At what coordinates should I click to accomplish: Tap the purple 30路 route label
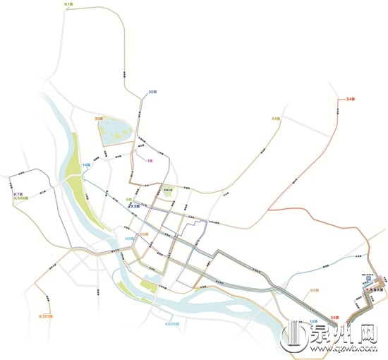152,92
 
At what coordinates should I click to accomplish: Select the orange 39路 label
99,119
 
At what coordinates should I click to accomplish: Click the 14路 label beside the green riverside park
86,164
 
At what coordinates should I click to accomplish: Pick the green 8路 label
129,200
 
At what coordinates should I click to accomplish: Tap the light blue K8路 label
130,239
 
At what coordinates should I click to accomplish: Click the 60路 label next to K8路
143,234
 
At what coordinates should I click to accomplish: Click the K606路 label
173,324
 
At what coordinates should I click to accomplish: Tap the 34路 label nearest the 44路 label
351,99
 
